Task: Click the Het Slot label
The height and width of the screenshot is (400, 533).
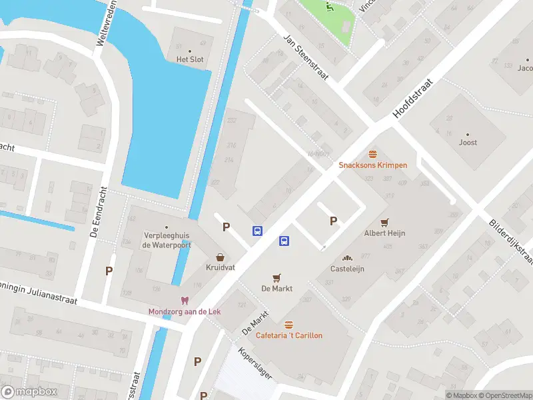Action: tap(189, 59)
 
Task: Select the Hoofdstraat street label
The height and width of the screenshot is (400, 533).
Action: tap(412, 99)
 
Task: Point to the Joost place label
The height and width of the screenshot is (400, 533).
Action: tap(468, 142)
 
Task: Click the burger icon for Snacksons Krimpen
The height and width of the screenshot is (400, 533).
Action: tap(372, 153)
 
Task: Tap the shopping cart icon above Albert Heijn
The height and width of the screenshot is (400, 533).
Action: tap(384, 222)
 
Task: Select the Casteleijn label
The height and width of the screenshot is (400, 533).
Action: tap(347, 269)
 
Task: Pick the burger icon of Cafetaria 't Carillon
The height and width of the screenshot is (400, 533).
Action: tap(288, 325)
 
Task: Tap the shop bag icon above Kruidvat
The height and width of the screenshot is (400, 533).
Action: tap(219, 257)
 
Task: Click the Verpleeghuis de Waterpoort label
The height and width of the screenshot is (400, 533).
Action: tap(167, 240)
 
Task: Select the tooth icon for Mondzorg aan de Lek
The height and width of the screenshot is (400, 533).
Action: tap(185, 301)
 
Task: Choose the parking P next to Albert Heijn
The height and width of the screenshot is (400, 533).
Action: tap(333, 221)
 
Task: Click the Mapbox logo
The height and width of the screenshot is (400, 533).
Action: tap(29, 392)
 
